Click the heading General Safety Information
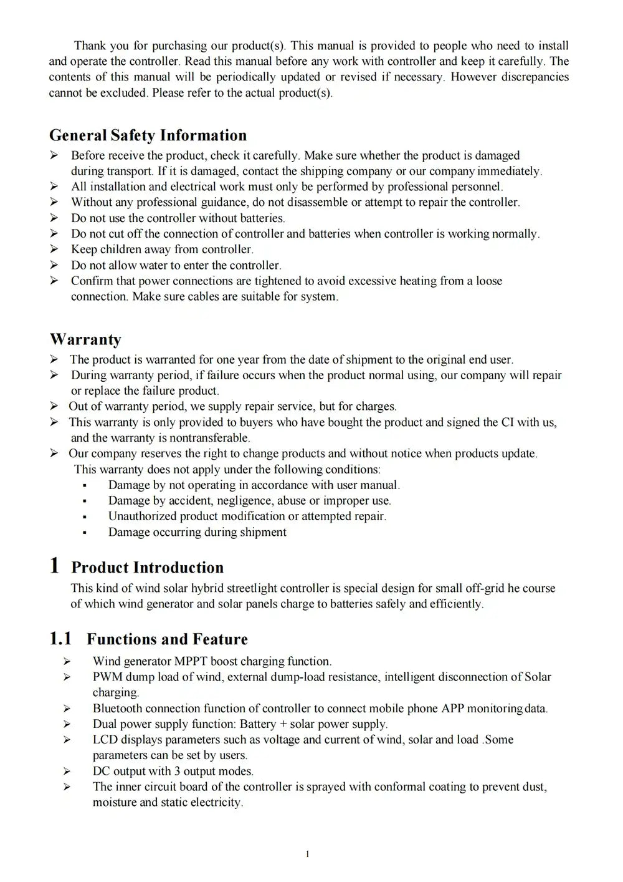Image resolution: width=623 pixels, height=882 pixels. coord(148,135)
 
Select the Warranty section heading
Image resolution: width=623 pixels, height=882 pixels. coord(85,339)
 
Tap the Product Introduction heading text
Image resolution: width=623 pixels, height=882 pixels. coord(147,567)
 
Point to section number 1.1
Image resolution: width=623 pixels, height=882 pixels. coord(60,639)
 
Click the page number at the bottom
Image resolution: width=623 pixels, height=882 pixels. coord(308,854)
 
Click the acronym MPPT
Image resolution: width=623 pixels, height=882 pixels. coord(191,661)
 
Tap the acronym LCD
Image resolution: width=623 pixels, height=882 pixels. coord(105,739)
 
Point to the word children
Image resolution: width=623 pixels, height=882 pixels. coord(122,250)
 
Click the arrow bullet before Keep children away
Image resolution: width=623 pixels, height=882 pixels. coord(54,250)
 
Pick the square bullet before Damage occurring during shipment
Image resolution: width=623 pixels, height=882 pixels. coord(84,533)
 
